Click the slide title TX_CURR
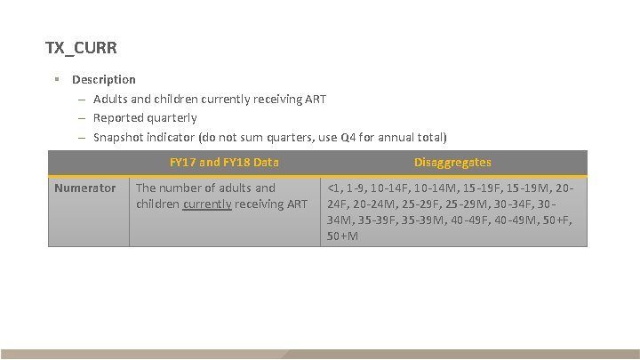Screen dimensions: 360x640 [x=81, y=46]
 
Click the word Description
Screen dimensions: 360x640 [x=104, y=79]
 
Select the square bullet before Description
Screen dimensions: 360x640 [x=56, y=79]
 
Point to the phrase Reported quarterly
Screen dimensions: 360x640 [x=145, y=117]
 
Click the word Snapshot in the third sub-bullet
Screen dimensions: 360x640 [x=120, y=137]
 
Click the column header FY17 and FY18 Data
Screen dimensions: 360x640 [x=224, y=162]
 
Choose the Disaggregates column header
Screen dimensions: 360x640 [x=452, y=162]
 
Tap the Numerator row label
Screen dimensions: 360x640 [x=84, y=188]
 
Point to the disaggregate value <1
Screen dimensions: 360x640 [x=334, y=188]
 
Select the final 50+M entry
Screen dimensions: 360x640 [x=343, y=236]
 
